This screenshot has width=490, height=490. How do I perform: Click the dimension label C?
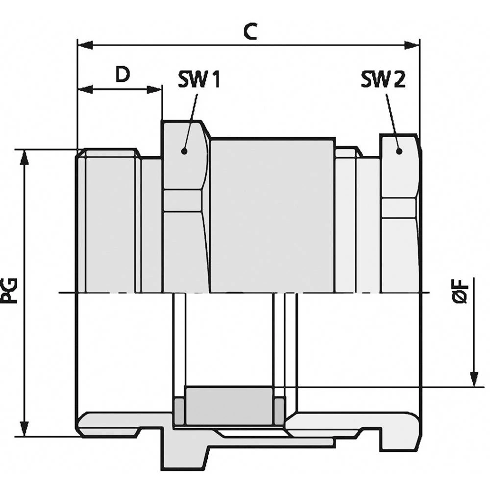point(250,31)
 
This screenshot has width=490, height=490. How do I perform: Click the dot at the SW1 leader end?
point(184,151)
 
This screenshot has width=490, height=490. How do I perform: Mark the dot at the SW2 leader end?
point(399,151)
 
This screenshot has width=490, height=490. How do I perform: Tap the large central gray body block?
point(272,216)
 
